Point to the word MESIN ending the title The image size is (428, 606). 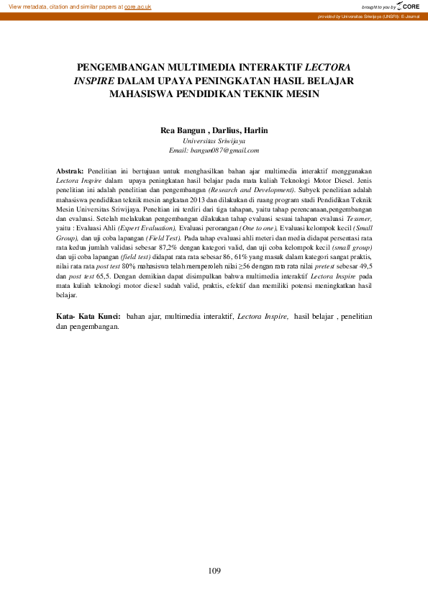[x=298, y=93]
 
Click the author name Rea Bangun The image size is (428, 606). [x=182, y=130]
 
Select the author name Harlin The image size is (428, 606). [x=255, y=130]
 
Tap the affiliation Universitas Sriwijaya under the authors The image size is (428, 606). [x=214, y=141]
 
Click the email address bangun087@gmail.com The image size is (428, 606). [x=224, y=150]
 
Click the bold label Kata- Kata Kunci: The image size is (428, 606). [x=88, y=316]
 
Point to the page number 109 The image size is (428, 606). [x=214, y=571]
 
